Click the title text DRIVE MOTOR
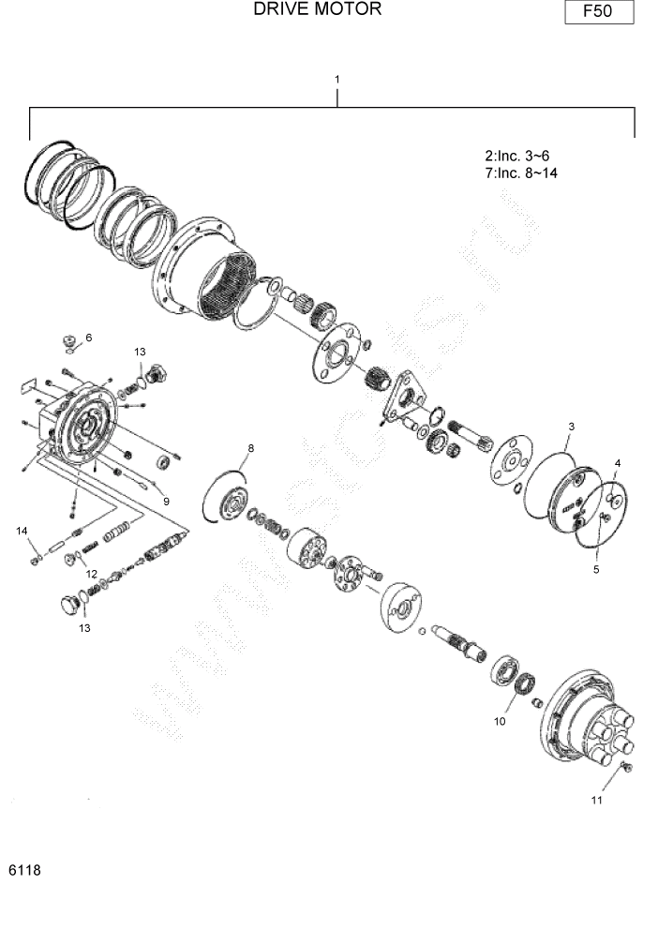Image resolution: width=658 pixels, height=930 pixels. [317, 9]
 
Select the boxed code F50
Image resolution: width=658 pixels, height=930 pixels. [599, 12]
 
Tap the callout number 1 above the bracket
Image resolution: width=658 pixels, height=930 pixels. [336, 80]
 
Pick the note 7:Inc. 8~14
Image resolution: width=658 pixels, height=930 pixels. [521, 172]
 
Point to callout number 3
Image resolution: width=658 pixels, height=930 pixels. [571, 427]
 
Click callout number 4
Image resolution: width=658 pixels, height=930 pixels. [617, 463]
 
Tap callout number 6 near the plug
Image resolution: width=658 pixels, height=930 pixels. [89, 337]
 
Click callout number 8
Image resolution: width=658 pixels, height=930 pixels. [250, 448]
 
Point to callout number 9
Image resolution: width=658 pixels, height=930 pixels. [166, 501]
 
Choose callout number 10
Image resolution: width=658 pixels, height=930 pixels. [500, 721]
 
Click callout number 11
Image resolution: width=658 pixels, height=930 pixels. [596, 800]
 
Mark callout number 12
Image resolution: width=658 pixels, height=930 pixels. [92, 573]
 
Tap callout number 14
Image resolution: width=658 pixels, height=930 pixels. [21, 532]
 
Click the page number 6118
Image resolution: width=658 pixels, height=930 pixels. [24, 870]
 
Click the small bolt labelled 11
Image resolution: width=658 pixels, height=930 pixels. [627, 767]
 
